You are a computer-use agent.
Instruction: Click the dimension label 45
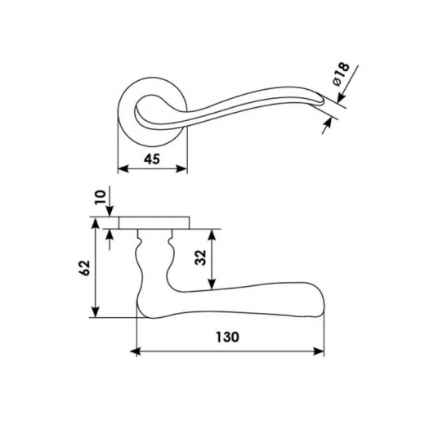tap(152, 159)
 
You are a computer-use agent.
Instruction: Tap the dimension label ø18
tap(341, 74)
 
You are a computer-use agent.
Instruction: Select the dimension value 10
tap(101, 198)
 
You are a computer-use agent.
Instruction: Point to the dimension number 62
tap(85, 268)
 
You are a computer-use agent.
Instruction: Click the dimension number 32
tap(201, 257)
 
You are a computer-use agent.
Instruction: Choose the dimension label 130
tap(228, 337)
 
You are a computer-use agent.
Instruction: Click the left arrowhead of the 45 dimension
tap(123, 168)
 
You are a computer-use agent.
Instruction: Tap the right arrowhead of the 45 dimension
tap(181, 168)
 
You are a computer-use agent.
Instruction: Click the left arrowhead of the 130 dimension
tap(136, 351)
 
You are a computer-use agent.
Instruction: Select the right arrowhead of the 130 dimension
tap(319, 351)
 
